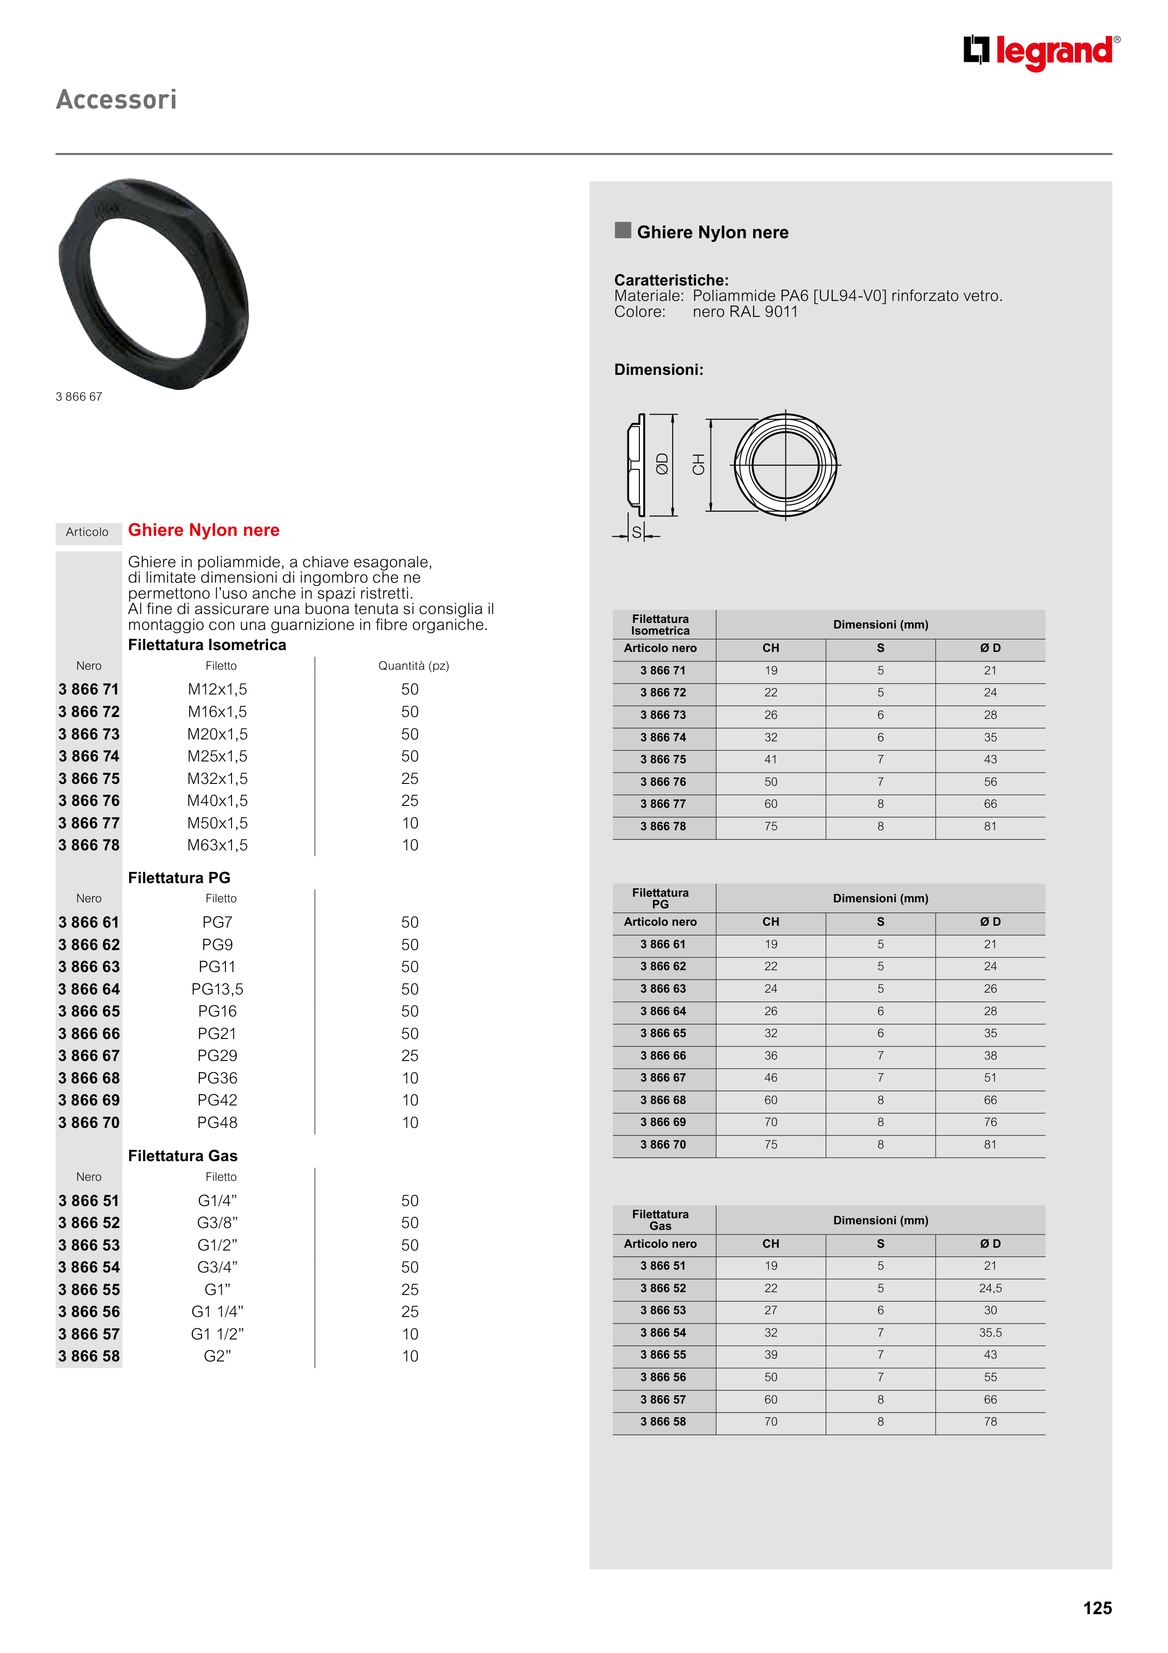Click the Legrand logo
[1041, 52]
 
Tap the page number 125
[1097, 1608]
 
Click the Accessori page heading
[116, 99]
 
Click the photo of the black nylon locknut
[154, 285]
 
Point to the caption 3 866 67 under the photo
[79, 397]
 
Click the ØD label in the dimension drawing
[662, 464]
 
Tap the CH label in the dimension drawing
[698, 464]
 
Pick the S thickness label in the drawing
[636, 533]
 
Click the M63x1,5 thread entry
[218, 845]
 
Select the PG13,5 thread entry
[218, 989]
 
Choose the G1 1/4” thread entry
[218, 1312]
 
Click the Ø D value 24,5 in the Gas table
[990, 1288]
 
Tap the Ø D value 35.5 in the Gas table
[990, 1332]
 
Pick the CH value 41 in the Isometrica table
[771, 760]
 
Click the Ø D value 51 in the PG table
[990, 1078]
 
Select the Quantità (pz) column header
[414, 666]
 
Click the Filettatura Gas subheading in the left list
[183, 1156]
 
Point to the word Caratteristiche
[671, 280]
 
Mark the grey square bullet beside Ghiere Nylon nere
[623, 230]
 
